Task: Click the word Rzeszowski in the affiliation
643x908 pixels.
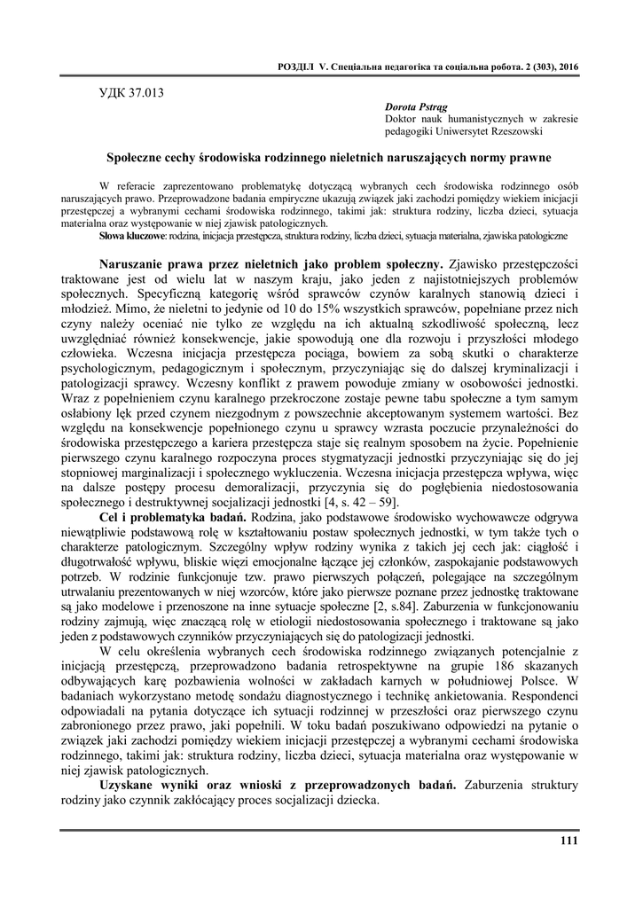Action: coord(512,130)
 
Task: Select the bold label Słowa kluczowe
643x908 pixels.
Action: coord(130,236)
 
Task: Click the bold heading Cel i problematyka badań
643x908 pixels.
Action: coord(174,517)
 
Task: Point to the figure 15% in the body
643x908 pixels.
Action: coord(324,310)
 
